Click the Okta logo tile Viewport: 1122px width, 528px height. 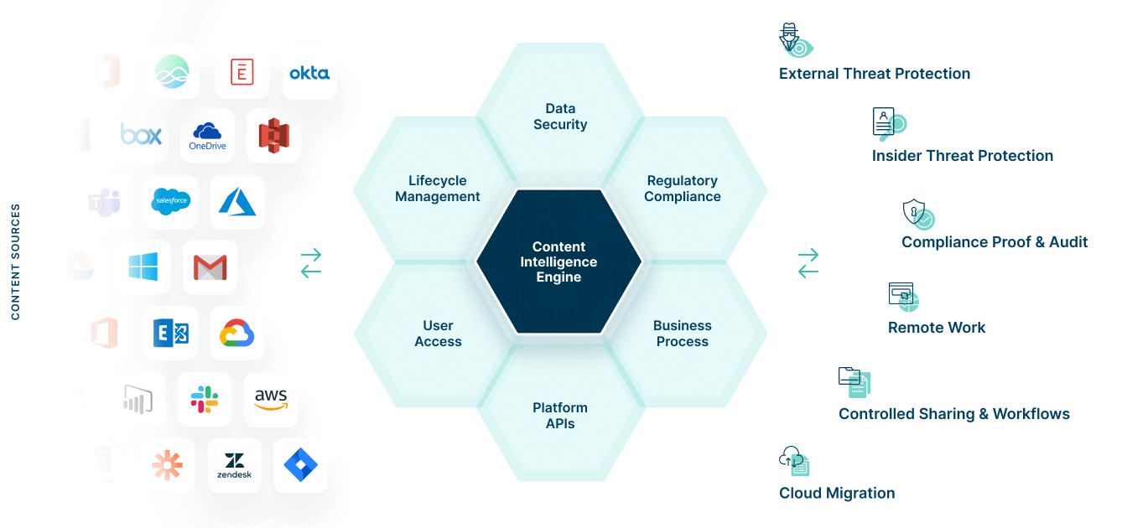tap(309, 73)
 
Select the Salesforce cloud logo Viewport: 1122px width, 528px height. tap(171, 202)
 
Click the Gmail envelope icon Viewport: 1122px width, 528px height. tap(210, 267)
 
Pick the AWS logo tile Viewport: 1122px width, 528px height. tap(270, 400)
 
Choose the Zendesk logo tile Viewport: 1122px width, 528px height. tap(235, 465)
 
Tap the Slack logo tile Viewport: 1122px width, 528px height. tap(205, 400)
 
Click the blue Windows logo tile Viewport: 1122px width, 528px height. tap(144, 267)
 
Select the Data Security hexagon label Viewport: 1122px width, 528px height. tap(560, 116)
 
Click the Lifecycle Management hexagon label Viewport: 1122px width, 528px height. tap(438, 189)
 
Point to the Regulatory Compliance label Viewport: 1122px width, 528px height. tap(683, 189)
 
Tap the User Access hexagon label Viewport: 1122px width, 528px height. tap(438, 334)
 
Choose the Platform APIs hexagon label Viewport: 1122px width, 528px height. tap(560, 416)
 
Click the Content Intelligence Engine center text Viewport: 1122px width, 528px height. tap(558, 261)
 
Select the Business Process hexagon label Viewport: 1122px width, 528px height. tap(683, 334)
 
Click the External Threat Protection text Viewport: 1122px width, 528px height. tap(875, 74)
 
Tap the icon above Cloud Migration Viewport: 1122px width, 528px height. tap(795, 461)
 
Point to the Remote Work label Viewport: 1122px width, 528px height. tap(937, 328)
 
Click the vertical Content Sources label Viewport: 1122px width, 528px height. tap(16, 261)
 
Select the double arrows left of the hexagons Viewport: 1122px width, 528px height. tap(311, 263)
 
